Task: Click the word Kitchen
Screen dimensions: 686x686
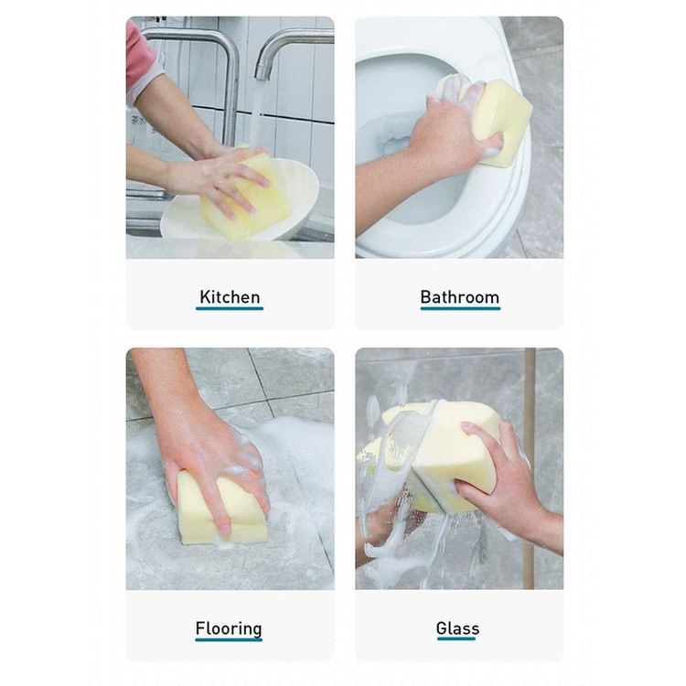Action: point(230,297)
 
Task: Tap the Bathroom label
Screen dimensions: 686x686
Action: point(460,297)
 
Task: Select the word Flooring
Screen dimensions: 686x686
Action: point(229,628)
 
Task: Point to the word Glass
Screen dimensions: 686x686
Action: point(457,628)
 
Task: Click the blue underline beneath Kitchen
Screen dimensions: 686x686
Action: point(230,308)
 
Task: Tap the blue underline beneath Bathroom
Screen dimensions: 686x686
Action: point(460,308)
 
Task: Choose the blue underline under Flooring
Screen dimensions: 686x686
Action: point(229,639)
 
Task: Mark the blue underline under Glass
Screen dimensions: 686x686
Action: point(456,638)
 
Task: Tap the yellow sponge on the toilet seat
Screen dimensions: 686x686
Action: point(503,123)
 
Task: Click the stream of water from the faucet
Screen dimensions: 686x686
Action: point(257,113)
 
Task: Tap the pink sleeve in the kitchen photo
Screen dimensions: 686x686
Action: point(139,61)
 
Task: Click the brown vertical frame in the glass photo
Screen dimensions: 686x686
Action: point(529,468)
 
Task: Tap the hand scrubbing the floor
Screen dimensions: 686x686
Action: point(206,451)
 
